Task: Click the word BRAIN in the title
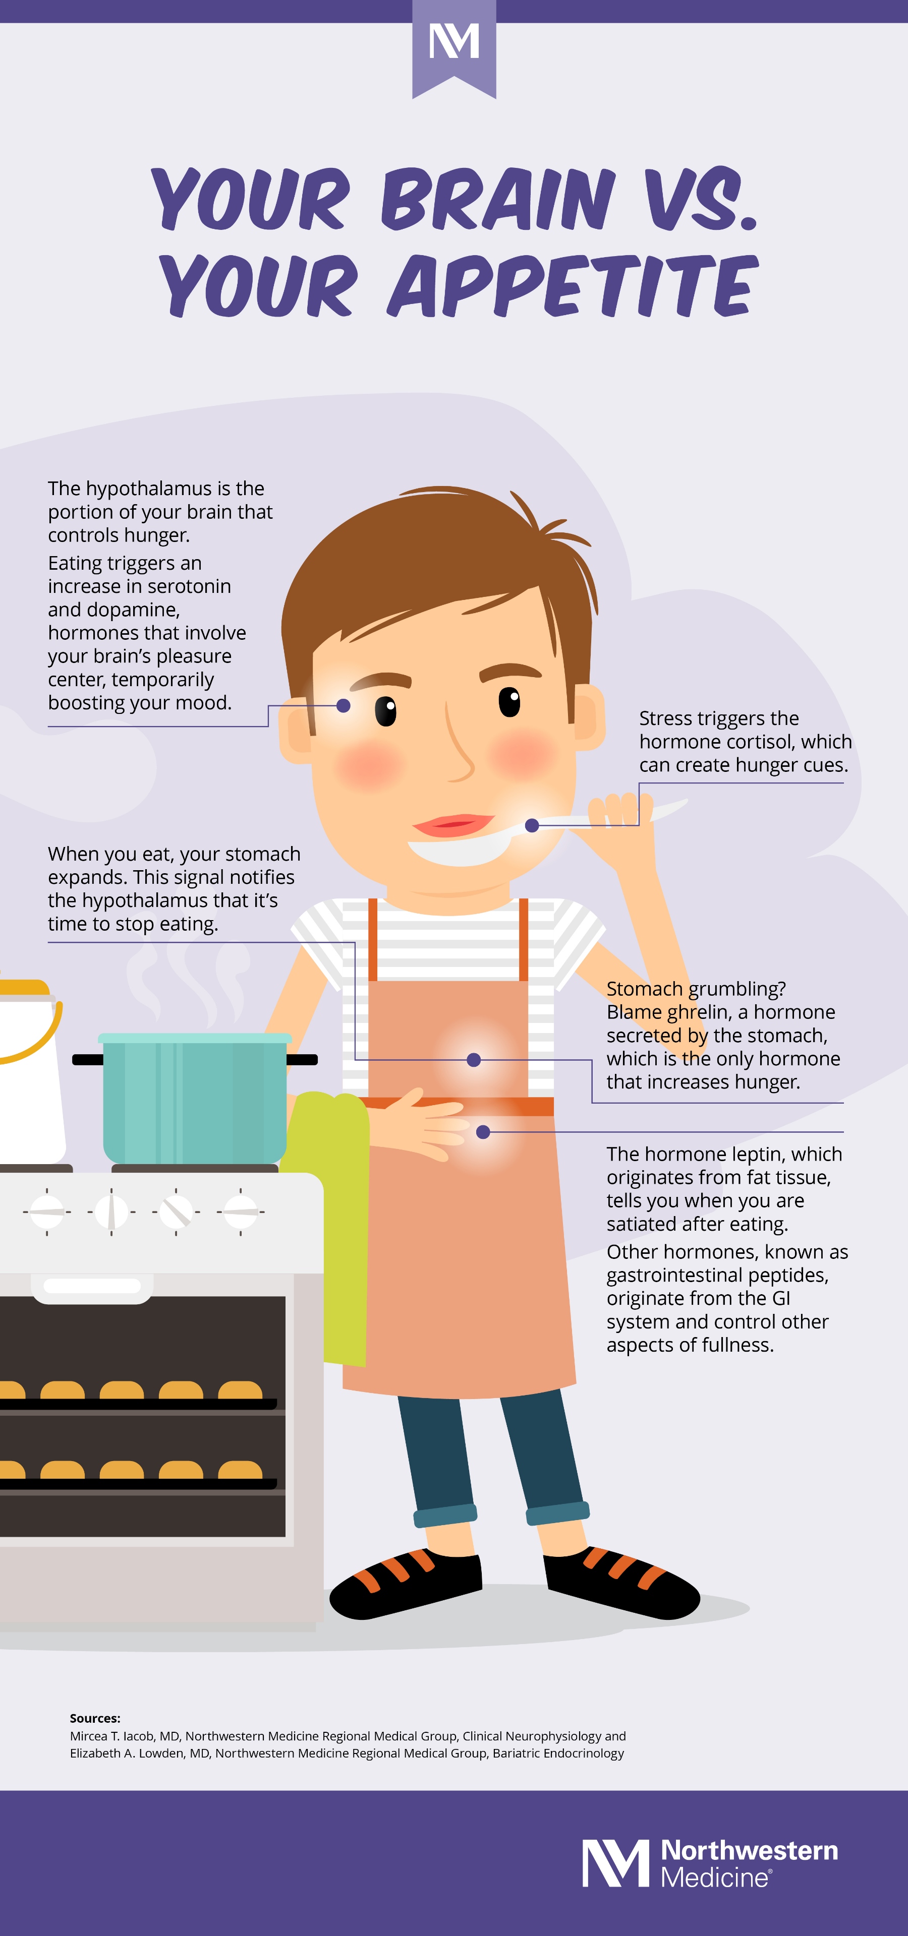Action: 497,199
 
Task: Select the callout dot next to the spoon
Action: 532,825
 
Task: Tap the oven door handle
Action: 92,1286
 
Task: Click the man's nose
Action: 459,744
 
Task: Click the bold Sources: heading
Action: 95,1718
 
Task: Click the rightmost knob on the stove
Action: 241,1212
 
